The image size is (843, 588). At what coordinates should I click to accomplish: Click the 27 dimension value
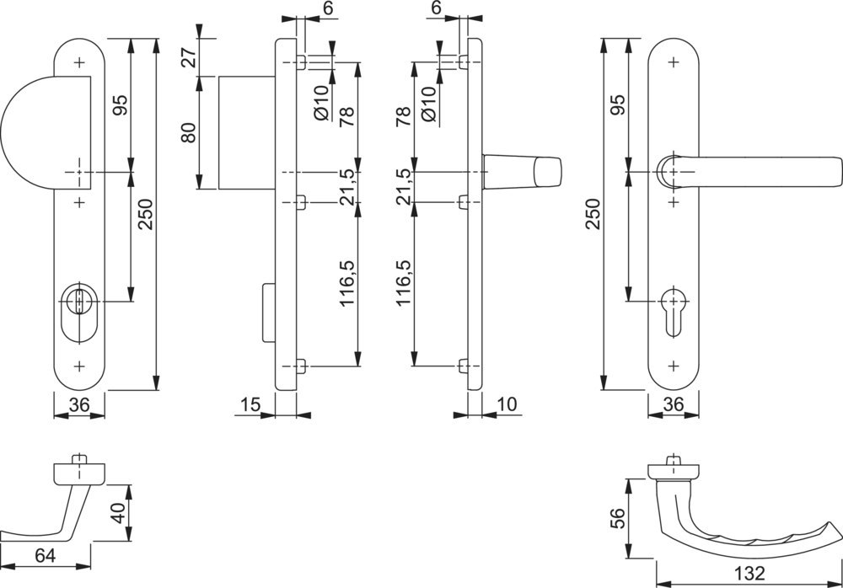(x=190, y=57)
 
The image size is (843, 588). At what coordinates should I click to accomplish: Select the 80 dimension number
(x=190, y=132)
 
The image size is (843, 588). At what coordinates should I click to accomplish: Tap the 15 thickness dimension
(x=250, y=405)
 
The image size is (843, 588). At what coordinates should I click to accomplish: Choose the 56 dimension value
(x=617, y=517)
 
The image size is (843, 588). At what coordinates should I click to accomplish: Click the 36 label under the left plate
(x=79, y=405)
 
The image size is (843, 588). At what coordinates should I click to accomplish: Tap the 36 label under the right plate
(x=673, y=405)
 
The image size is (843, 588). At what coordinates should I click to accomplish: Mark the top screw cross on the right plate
(x=673, y=61)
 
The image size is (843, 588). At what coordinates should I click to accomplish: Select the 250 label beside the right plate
(x=593, y=215)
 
